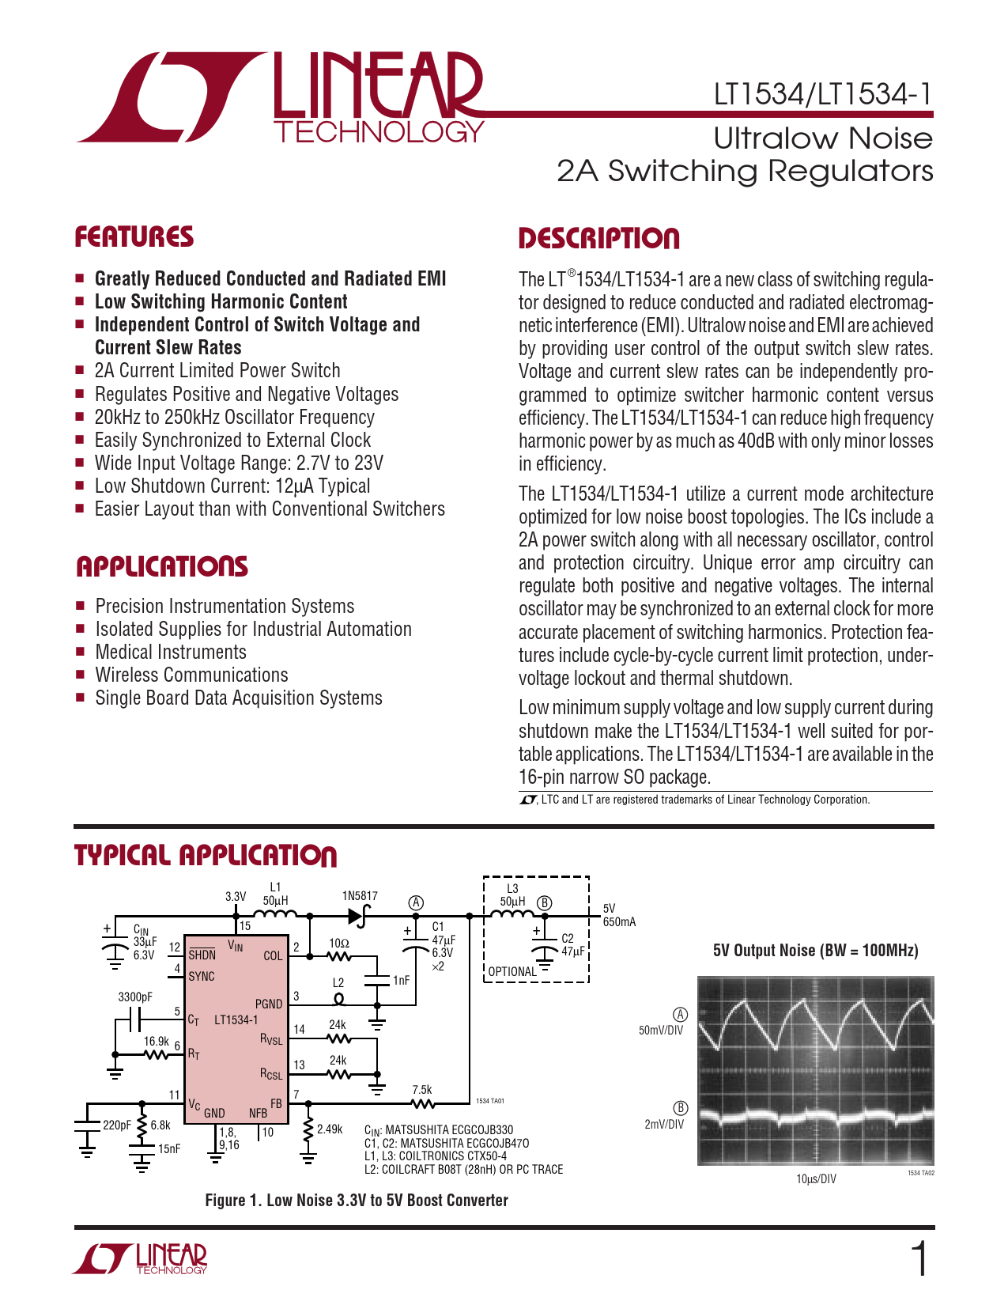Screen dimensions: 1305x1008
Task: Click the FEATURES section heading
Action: [x=134, y=236]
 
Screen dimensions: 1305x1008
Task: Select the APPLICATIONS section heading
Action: [x=161, y=566]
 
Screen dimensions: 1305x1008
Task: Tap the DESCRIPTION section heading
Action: [x=598, y=238]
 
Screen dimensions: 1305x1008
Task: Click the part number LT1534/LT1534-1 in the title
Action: [x=822, y=95]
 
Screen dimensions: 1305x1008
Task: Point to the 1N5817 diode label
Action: [x=360, y=895]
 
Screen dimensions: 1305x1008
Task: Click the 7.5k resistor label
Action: [x=422, y=1089]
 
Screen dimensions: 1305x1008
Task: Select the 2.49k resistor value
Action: [x=330, y=1129]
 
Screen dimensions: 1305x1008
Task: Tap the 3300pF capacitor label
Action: [x=135, y=997]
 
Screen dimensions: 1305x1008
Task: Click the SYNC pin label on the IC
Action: [x=202, y=976]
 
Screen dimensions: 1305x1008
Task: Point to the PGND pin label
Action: [x=269, y=1004]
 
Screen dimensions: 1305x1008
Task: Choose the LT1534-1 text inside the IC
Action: [x=236, y=1019]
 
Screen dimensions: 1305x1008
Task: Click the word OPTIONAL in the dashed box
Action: [x=512, y=971]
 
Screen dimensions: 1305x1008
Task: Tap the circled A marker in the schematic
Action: [x=416, y=903]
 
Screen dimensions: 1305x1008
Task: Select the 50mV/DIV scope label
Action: [x=661, y=1031]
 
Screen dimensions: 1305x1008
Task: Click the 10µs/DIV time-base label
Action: [x=816, y=1178]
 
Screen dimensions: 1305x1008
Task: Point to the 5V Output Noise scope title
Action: [x=815, y=951]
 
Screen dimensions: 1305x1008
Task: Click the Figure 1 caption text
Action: [x=357, y=1200]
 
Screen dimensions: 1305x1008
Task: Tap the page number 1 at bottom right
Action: [x=919, y=1259]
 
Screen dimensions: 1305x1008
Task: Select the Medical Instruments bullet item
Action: [x=171, y=652]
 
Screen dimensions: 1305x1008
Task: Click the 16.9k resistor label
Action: [x=157, y=1041]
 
